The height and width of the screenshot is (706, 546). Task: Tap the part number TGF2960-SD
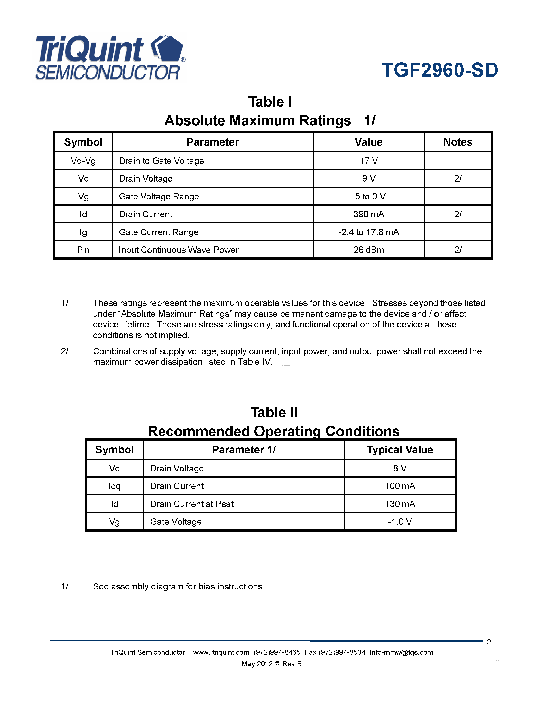tap(440, 70)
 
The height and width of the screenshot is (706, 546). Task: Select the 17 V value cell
tap(368, 161)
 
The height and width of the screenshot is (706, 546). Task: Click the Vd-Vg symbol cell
tap(83, 161)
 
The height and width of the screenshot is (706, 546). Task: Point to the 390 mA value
tap(368, 214)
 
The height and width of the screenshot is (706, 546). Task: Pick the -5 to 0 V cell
tap(368, 196)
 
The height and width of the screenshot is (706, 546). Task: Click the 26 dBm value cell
tap(368, 250)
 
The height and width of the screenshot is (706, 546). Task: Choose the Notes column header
tap(457, 142)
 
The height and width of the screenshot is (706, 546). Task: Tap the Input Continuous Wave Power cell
tap(179, 250)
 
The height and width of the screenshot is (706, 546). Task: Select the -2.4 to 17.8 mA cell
tap(368, 232)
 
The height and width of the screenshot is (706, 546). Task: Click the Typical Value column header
tap(400, 450)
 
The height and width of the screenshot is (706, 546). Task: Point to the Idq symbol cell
tap(115, 486)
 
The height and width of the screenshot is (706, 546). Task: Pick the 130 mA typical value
tap(400, 504)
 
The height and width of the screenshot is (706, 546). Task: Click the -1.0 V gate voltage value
tap(400, 521)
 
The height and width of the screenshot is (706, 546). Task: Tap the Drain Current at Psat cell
tap(192, 504)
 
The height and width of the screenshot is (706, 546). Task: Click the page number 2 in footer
tap(489, 642)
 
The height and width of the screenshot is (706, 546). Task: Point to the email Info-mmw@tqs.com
tap(401, 652)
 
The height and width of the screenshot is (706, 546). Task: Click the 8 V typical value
tap(400, 468)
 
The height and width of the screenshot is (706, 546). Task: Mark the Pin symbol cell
tap(83, 250)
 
